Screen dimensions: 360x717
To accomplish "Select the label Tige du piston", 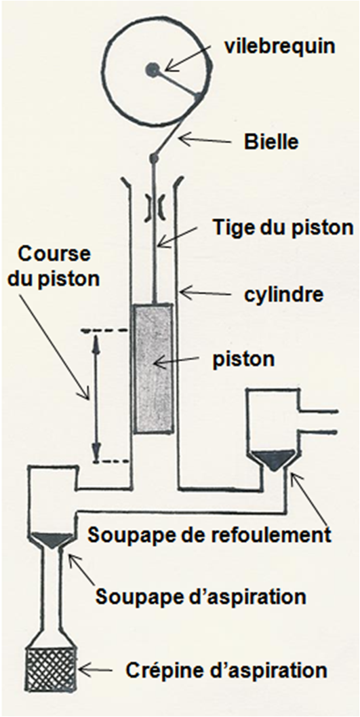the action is click(283, 227).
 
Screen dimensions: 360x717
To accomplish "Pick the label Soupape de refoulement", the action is click(209, 533).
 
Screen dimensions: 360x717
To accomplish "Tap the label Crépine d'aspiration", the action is click(226, 670).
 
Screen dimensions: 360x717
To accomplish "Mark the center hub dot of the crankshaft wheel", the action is click(152, 69).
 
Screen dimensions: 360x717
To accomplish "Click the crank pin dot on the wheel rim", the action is click(198, 98).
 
